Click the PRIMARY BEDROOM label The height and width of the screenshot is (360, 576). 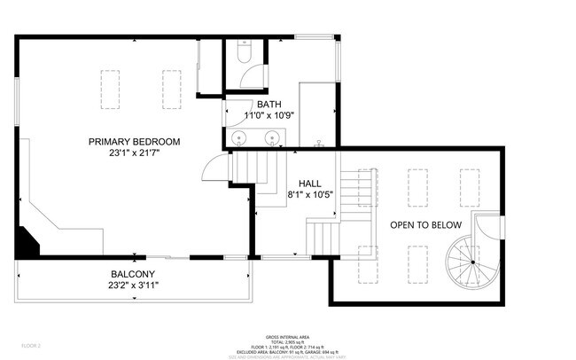point(134,141)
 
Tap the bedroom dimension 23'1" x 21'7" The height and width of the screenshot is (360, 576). point(134,153)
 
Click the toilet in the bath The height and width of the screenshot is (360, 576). point(245,55)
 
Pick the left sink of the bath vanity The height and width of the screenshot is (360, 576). point(240,137)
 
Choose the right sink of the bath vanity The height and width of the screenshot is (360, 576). point(272,137)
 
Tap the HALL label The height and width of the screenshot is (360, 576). point(309,183)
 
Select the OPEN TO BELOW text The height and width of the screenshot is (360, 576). point(425,224)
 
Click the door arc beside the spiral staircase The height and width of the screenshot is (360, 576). point(487,229)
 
